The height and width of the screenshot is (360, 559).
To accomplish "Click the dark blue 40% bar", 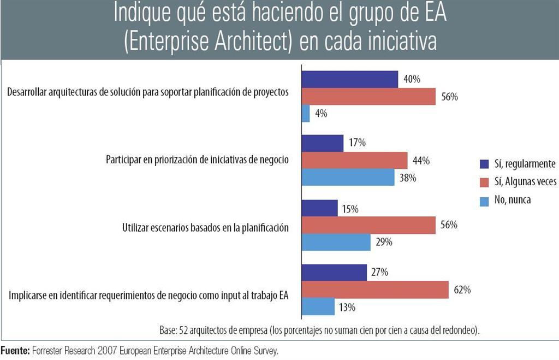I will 350,79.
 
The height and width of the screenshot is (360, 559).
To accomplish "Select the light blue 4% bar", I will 306,114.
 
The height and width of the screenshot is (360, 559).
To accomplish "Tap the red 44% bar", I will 355,161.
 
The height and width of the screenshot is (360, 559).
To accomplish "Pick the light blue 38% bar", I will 348,178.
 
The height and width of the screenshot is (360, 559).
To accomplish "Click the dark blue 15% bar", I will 319,208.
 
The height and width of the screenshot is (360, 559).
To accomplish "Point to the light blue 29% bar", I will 336,242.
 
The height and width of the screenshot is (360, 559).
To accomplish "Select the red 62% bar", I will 375,290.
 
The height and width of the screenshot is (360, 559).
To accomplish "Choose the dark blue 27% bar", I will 334,273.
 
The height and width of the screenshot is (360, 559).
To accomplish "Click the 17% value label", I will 358,143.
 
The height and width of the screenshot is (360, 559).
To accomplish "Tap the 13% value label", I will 348,307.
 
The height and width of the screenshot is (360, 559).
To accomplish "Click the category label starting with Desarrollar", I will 147,92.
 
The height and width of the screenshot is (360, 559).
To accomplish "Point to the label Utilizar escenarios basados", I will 205,228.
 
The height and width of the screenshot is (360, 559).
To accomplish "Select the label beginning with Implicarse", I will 149,296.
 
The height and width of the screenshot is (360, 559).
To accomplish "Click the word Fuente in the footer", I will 15,350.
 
